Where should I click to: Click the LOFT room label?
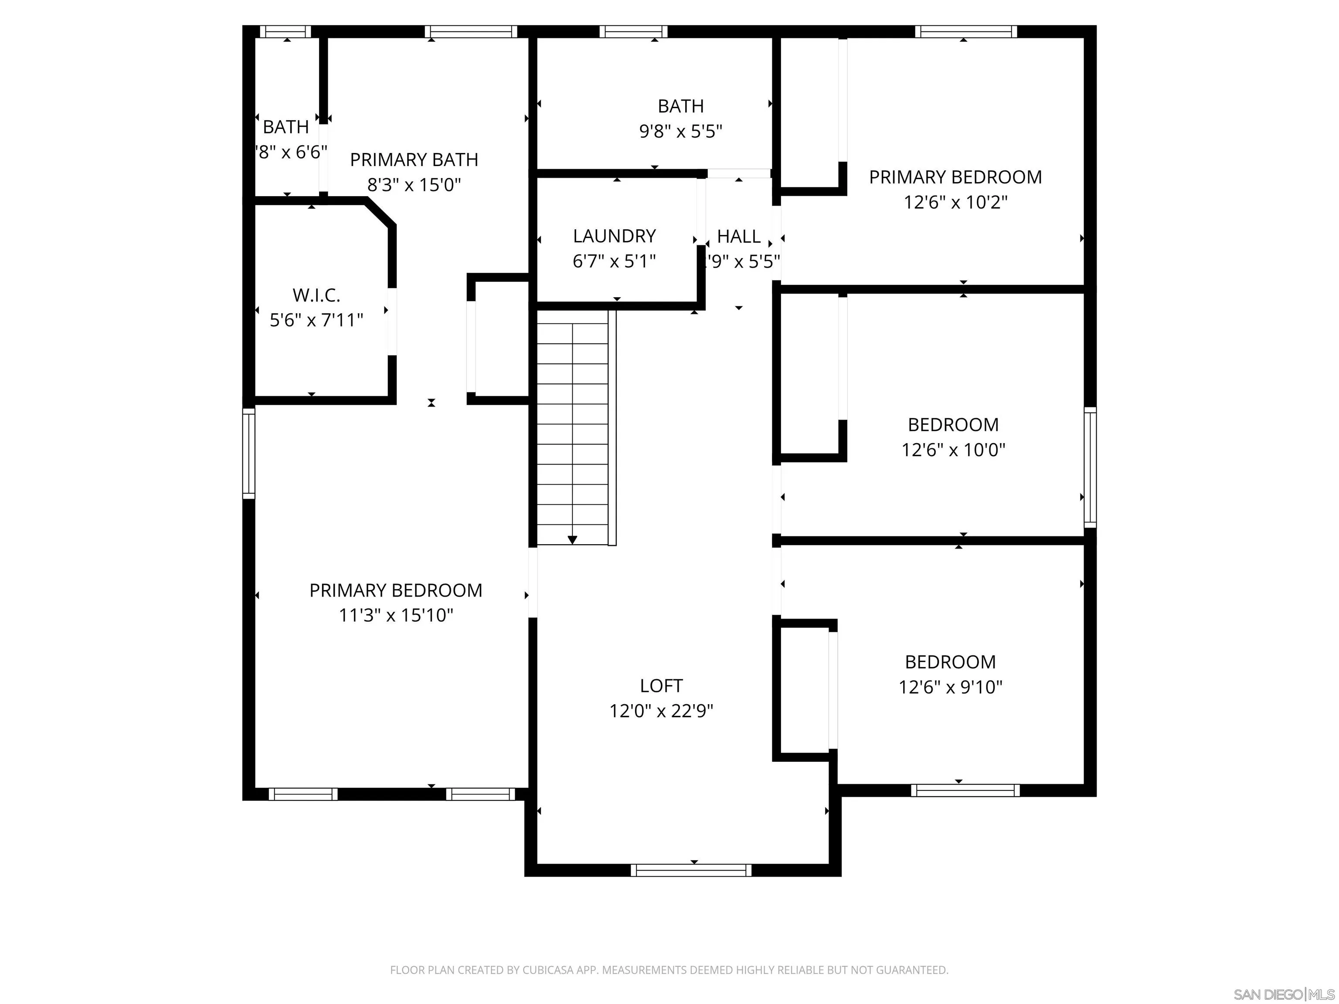tap(661, 685)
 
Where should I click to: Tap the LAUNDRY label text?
tap(615, 236)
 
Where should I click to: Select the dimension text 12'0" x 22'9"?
tap(661, 710)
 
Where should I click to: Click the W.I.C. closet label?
tap(316, 295)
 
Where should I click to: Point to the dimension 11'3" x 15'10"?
tap(396, 615)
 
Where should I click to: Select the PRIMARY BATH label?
tap(414, 160)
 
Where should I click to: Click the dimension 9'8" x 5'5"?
tap(680, 131)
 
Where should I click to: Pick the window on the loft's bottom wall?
tap(691, 870)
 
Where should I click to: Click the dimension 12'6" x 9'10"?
tap(950, 687)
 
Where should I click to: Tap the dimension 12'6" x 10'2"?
tap(955, 202)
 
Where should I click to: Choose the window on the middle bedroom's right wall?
tap(1090, 467)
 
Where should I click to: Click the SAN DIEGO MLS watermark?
tap(1283, 994)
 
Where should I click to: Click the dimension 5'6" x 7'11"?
tap(316, 320)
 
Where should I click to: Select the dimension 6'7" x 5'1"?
tap(615, 261)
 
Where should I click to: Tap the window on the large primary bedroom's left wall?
tap(248, 453)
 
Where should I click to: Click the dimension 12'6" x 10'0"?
tap(953, 450)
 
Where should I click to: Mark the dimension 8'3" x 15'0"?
tap(414, 185)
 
